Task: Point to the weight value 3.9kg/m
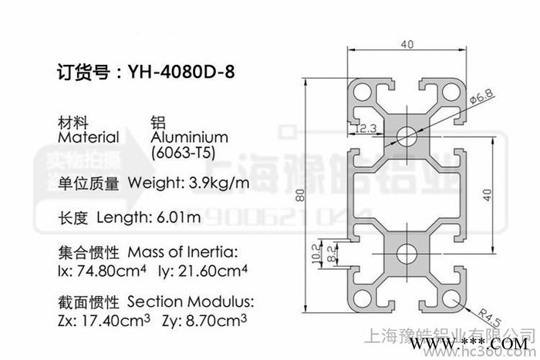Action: pos(219,183)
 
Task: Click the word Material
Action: pos(89,137)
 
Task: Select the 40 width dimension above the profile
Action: pos(406,45)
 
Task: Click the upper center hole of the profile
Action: pos(406,136)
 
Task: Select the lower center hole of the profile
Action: pos(406,254)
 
